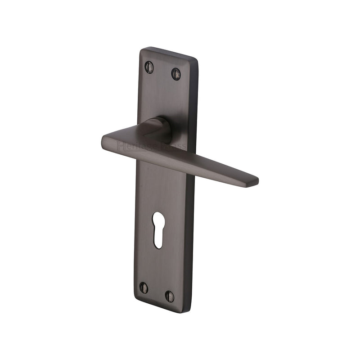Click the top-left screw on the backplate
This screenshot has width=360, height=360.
149,67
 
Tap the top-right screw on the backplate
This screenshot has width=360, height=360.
176,74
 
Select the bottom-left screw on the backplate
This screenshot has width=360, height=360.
144,287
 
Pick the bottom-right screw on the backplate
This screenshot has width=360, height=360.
170,296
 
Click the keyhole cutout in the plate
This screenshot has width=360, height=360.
158,229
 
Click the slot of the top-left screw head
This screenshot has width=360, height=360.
149,67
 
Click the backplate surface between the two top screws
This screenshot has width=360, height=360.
162,71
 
